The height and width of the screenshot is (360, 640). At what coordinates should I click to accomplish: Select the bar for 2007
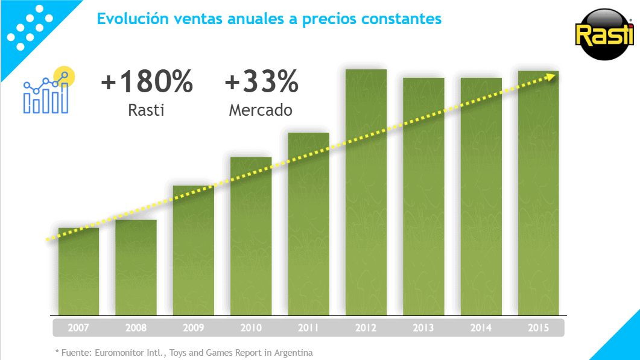[78, 271]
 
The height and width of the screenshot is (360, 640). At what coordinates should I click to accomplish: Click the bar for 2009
[194, 251]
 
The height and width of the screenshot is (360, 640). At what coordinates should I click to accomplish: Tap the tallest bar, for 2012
[366, 192]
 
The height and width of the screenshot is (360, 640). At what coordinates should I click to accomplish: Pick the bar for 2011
[309, 224]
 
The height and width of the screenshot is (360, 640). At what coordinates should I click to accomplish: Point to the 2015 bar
[539, 193]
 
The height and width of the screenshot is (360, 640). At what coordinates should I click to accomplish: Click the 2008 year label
[136, 328]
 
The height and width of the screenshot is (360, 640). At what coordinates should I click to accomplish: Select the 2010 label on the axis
[251, 328]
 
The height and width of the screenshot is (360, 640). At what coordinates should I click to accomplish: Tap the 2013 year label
[423, 328]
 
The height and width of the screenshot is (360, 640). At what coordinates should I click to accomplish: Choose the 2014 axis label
[481, 328]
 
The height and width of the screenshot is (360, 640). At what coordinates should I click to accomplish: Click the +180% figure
[147, 81]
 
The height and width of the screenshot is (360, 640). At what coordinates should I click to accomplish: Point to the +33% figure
[262, 81]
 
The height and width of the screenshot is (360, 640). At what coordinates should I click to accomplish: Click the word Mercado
[261, 110]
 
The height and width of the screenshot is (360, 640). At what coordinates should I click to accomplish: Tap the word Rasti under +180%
[146, 110]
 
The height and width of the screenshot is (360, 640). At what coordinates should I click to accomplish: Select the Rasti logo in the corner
[604, 35]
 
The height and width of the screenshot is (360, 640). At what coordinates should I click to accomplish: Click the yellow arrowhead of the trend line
[553, 77]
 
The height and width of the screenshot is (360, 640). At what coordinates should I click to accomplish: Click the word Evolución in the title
[133, 19]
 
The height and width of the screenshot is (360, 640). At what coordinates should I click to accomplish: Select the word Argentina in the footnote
[294, 353]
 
